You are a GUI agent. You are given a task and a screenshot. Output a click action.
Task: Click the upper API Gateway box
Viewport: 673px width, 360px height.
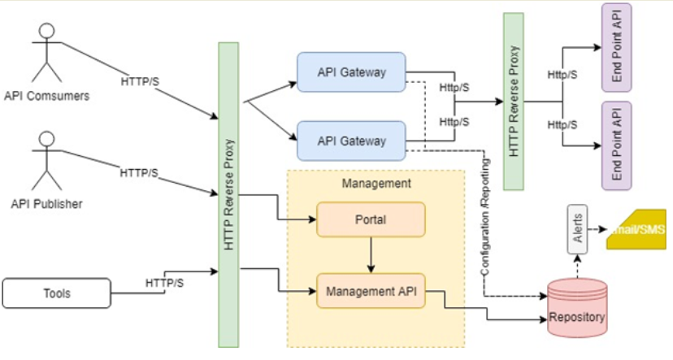(x=351, y=72)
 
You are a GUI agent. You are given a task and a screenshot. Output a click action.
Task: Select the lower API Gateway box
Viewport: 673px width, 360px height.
(x=351, y=141)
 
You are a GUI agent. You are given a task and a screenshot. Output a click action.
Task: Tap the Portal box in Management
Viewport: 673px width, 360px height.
(x=371, y=219)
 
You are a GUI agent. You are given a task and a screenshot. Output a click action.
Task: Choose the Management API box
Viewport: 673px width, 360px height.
(x=371, y=290)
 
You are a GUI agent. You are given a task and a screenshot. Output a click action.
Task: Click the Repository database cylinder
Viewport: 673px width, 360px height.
(x=576, y=307)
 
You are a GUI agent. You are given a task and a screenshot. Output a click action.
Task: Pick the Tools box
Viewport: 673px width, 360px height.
(x=56, y=293)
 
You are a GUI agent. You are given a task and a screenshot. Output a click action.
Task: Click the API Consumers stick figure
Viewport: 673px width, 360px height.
(x=46, y=53)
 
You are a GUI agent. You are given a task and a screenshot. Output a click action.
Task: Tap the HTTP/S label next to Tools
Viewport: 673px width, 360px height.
(x=164, y=282)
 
